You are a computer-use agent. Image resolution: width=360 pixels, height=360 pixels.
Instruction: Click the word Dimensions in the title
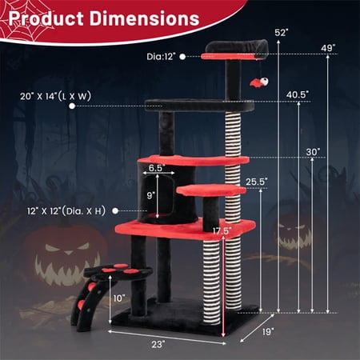click(144, 18)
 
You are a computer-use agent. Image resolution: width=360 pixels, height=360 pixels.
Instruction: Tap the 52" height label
click(282, 33)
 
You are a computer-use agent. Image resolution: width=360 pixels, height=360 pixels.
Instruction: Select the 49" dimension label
click(328, 48)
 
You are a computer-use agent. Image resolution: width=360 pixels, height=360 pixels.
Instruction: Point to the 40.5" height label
click(298, 94)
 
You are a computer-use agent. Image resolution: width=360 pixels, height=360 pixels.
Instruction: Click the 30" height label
click(313, 152)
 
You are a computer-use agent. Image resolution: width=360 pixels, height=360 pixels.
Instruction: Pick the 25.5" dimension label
click(257, 182)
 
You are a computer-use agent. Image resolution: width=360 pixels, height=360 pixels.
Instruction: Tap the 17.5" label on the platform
click(222, 231)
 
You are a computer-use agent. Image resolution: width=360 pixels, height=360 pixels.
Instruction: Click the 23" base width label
click(158, 344)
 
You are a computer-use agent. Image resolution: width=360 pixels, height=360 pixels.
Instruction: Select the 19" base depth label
click(268, 332)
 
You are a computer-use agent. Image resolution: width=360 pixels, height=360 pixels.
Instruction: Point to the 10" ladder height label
click(119, 298)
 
